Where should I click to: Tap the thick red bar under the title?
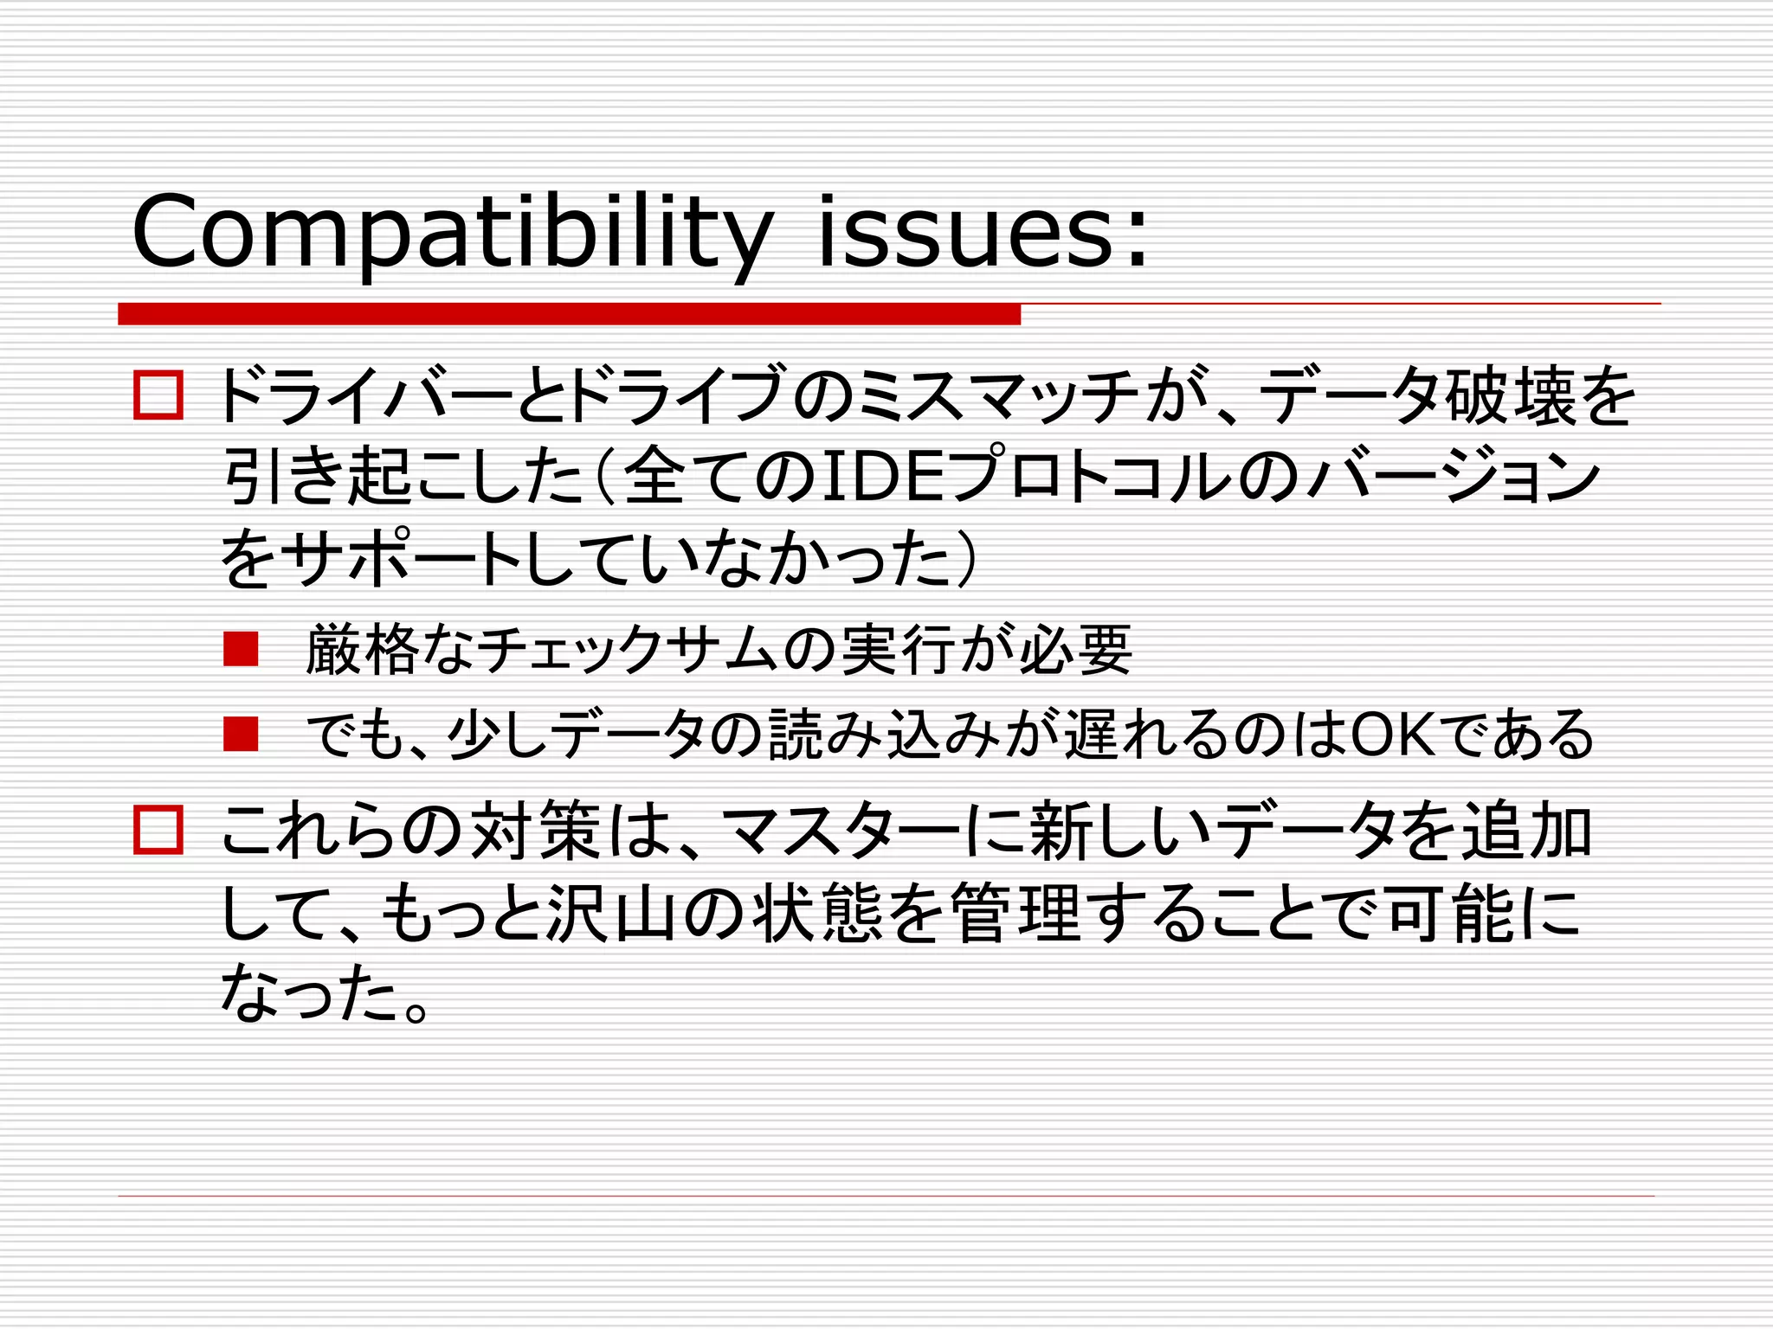569,314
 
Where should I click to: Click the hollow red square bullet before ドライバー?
158,395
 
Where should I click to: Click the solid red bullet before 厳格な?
241,649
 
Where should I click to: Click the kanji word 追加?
1527,831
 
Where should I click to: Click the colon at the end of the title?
1136,238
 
